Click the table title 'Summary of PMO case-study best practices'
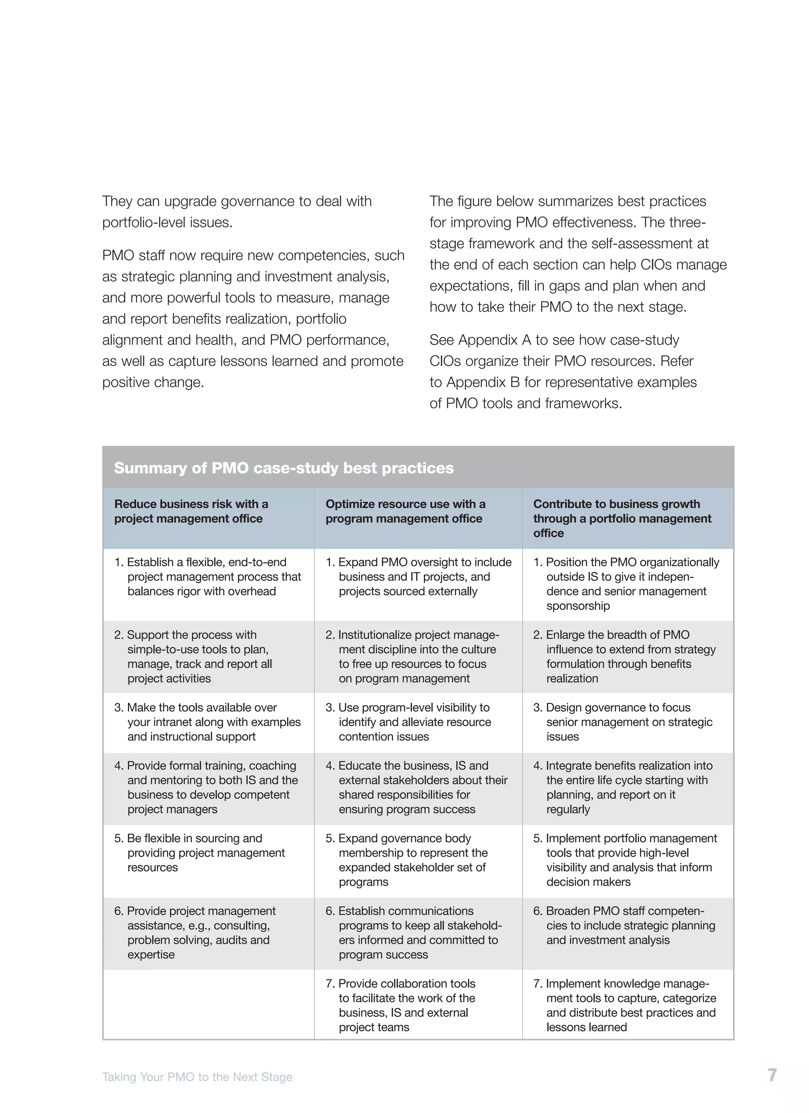[284, 468]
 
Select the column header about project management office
[192, 511]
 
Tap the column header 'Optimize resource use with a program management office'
[405, 511]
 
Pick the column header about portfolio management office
[622, 518]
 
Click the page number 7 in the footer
[772, 1075]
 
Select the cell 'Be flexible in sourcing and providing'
[200, 852]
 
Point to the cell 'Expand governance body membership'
[412, 860]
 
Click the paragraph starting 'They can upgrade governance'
[237, 212]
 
